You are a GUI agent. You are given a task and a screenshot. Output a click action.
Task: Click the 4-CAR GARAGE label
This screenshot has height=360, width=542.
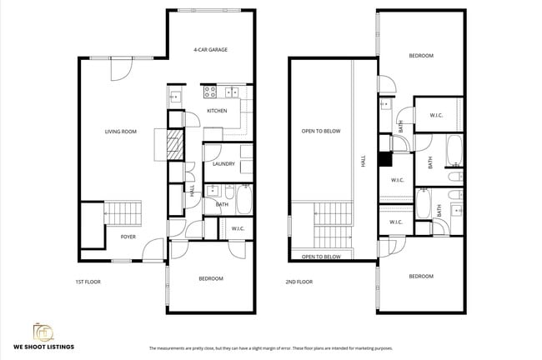pyautogui.click(x=210, y=50)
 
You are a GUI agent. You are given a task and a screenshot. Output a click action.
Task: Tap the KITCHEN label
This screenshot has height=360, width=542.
pyautogui.click(x=217, y=111)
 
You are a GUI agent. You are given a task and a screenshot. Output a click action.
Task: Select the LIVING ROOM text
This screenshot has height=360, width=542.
pyautogui.click(x=120, y=132)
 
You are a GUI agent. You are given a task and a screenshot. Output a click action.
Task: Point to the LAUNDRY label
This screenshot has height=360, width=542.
pyautogui.click(x=223, y=164)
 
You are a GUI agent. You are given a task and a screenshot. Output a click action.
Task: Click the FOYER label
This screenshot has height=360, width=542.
pyautogui.click(x=128, y=237)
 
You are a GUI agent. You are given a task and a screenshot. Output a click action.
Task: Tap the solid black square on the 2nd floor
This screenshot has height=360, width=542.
pyautogui.click(x=384, y=160)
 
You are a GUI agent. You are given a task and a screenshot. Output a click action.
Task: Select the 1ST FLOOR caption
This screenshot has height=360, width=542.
pyautogui.click(x=87, y=282)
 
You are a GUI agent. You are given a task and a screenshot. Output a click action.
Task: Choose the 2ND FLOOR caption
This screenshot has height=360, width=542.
pyautogui.click(x=299, y=282)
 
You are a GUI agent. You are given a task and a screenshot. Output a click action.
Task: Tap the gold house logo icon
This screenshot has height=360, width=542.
pyautogui.click(x=42, y=330)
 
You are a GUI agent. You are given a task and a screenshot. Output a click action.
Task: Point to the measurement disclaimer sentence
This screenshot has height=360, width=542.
pyautogui.click(x=270, y=348)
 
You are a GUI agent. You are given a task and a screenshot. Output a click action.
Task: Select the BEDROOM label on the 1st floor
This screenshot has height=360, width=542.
pyautogui.click(x=210, y=278)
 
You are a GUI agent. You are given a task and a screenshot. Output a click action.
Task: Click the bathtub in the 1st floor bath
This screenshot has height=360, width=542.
pyautogui.click(x=243, y=200)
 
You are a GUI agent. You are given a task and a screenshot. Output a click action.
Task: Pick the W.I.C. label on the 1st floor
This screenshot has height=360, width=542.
pyautogui.click(x=237, y=228)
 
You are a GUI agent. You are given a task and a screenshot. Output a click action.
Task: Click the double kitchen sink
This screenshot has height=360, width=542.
pyautogui.click(x=233, y=92)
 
